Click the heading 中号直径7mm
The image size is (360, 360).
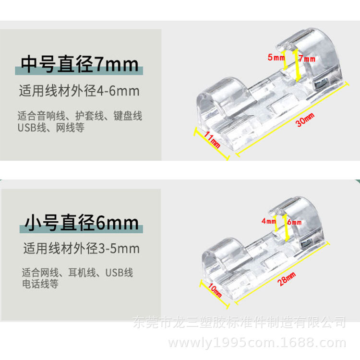80,64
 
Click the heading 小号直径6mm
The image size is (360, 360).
82,222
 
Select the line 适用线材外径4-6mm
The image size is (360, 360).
79,90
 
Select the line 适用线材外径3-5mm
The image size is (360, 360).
82,249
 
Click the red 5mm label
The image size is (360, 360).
276,58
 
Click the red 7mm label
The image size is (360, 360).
307,59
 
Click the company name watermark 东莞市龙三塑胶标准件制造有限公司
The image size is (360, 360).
239,321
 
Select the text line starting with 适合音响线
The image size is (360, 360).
80,116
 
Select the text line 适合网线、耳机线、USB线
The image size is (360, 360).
77,273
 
